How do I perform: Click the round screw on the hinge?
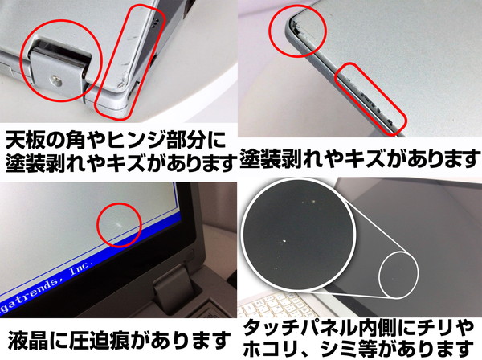[56, 80]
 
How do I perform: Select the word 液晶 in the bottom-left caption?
[27, 339]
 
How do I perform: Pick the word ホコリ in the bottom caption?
[272, 348]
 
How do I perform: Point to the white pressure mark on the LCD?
[117, 225]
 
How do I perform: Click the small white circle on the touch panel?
[398, 275]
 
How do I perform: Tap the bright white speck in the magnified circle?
[284, 241]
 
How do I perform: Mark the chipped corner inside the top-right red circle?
[296, 28]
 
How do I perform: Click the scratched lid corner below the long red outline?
[120, 84]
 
